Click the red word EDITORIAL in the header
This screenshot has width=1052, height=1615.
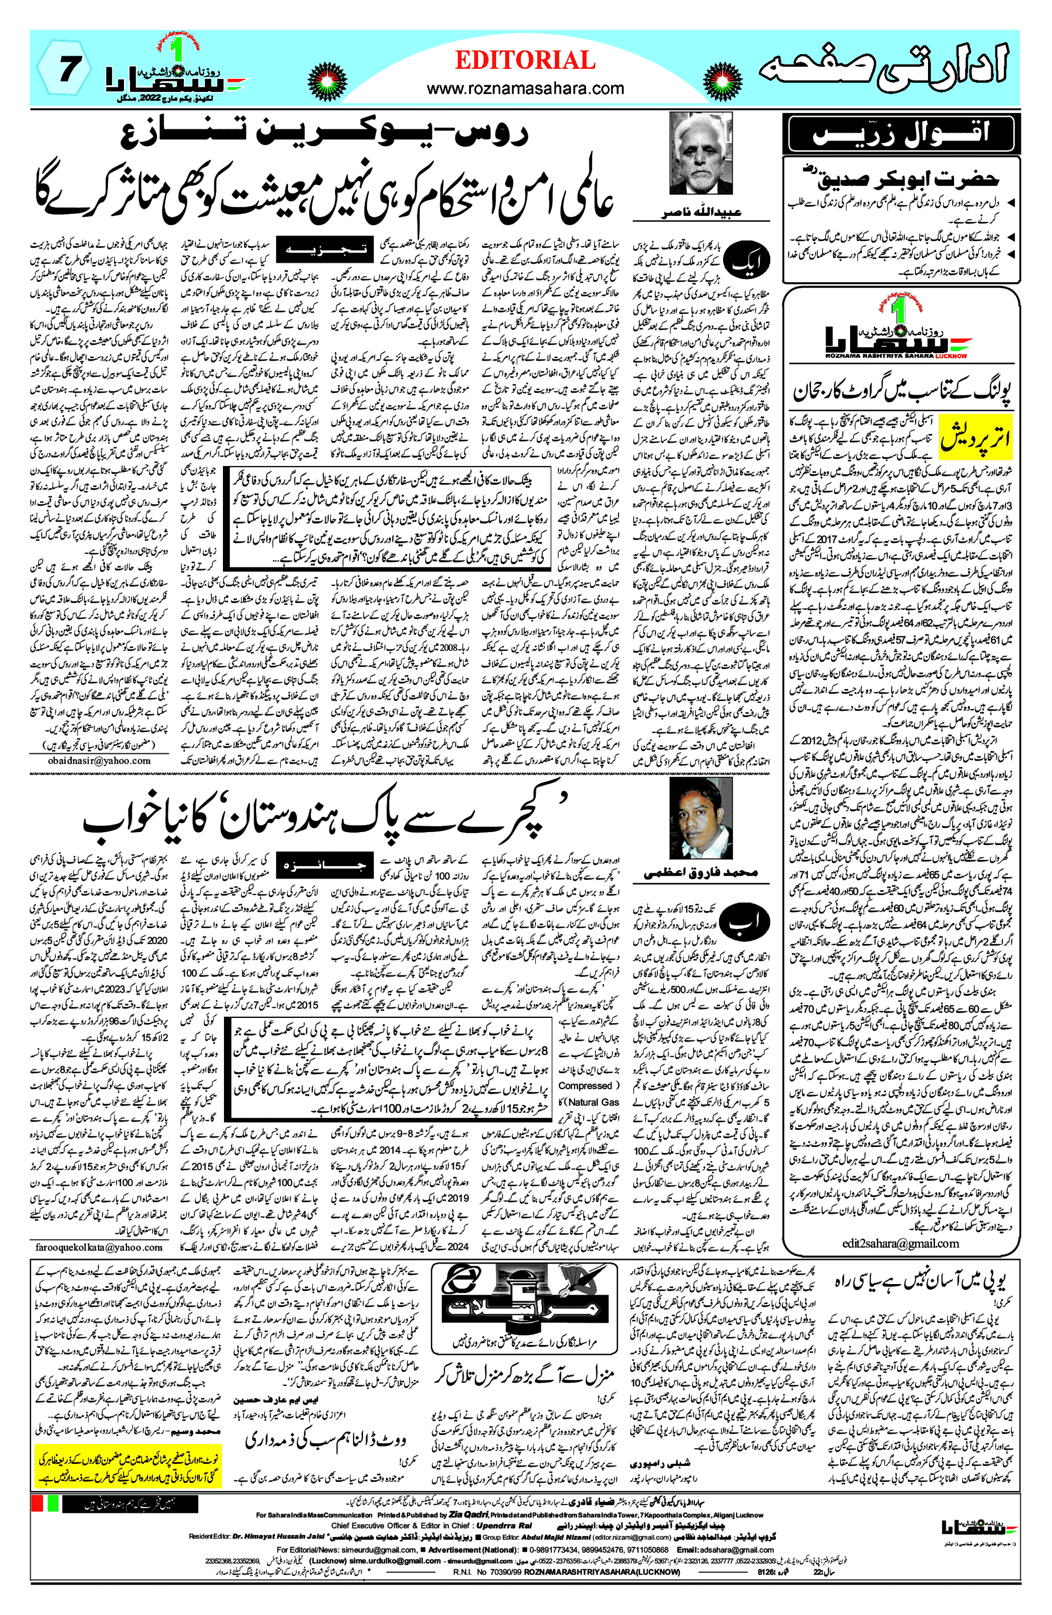coord(525,61)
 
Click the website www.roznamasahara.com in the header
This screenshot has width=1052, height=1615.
coord(525,88)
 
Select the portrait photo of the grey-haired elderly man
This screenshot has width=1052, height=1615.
coord(701,153)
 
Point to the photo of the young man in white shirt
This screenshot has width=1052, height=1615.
coord(700,819)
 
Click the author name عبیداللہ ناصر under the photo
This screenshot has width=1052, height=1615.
coord(701,212)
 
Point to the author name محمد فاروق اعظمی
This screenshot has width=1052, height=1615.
coord(700,873)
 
